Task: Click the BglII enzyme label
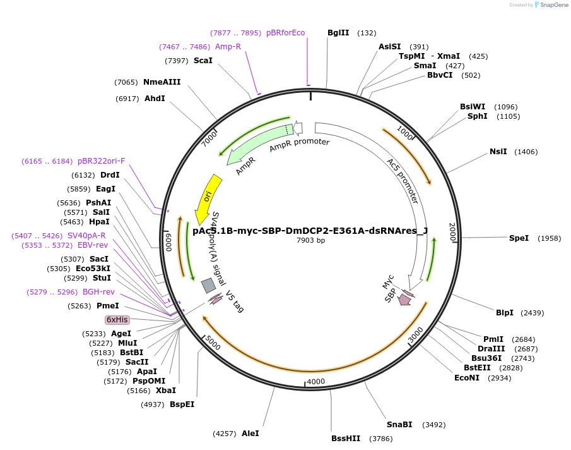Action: (338, 33)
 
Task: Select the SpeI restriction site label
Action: (519, 238)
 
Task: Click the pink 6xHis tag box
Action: (117, 320)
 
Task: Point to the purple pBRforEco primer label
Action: (285, 33)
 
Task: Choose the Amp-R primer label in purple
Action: (228, 47)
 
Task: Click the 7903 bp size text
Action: (310, 240)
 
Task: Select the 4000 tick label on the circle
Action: (315, 381)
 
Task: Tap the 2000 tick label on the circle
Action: (452, 232)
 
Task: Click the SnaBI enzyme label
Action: (399, 425)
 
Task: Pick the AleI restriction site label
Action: (250, 434)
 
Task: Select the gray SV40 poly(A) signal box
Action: (208, 286)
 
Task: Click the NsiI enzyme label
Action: (498, 152)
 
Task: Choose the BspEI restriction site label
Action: (182, 404)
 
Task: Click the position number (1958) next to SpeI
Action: (549, 238)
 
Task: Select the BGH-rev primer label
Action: (98, 292)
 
